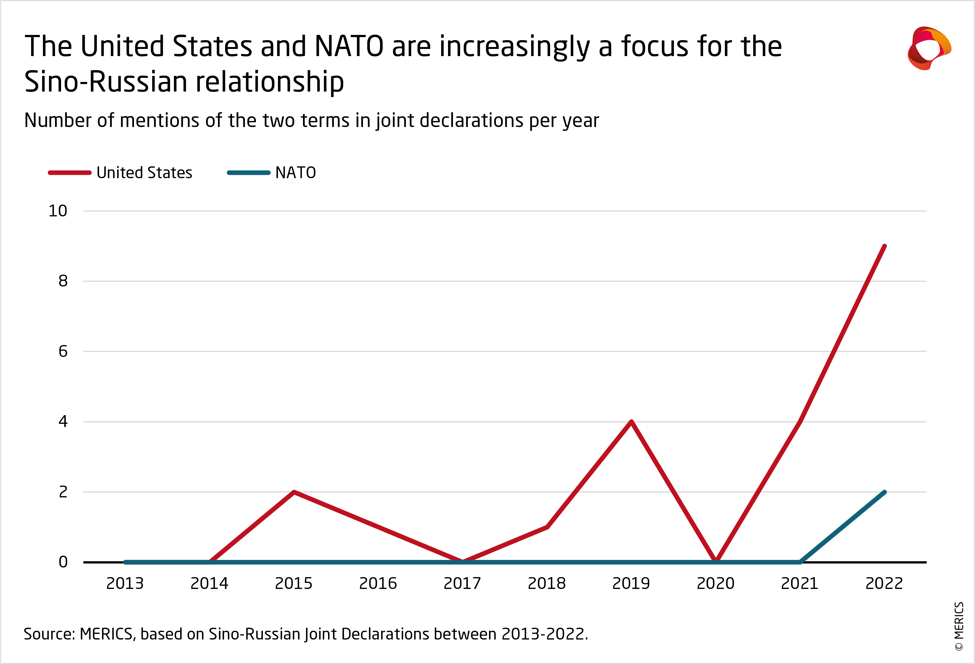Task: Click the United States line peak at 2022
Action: click(x=884, y=246)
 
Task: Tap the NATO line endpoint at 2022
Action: click(x=884, y=492)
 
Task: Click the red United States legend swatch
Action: click(x=70, y=173)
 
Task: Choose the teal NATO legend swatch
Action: click(x=248, y=173)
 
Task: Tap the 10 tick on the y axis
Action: click(x=58, y=211)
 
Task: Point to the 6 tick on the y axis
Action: click(x=63, y=351)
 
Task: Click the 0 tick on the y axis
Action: click(x=63, y=562)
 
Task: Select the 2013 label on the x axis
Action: click(x=125, y=583)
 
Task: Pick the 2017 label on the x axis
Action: click(x=462, y=583)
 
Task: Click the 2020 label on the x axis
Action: click(x=715, y=583)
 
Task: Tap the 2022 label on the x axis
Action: click(x=884, y=583)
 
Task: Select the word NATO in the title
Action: click(x=349, y=46)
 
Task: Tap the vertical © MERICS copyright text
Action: click(x=959, y=626)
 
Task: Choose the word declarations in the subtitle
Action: click(x=471, y=121)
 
